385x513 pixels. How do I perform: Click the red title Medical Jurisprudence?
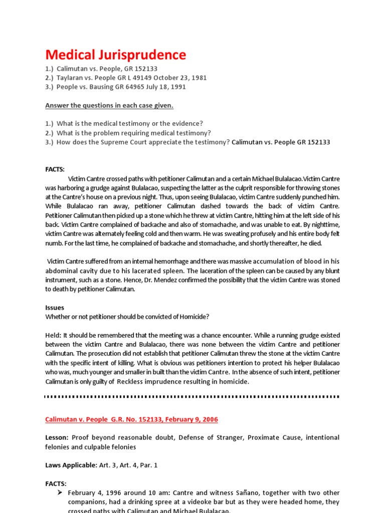115,55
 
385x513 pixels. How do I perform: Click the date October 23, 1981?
180,78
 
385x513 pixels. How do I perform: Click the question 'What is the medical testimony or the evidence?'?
130,123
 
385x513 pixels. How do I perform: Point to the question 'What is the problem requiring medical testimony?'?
134,133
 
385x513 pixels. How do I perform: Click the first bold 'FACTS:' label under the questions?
55,169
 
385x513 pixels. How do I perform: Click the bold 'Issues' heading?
55,308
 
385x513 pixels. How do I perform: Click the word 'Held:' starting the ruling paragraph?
53,335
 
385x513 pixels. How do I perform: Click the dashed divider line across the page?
192,396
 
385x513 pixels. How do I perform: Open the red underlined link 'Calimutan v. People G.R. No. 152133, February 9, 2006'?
132,419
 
